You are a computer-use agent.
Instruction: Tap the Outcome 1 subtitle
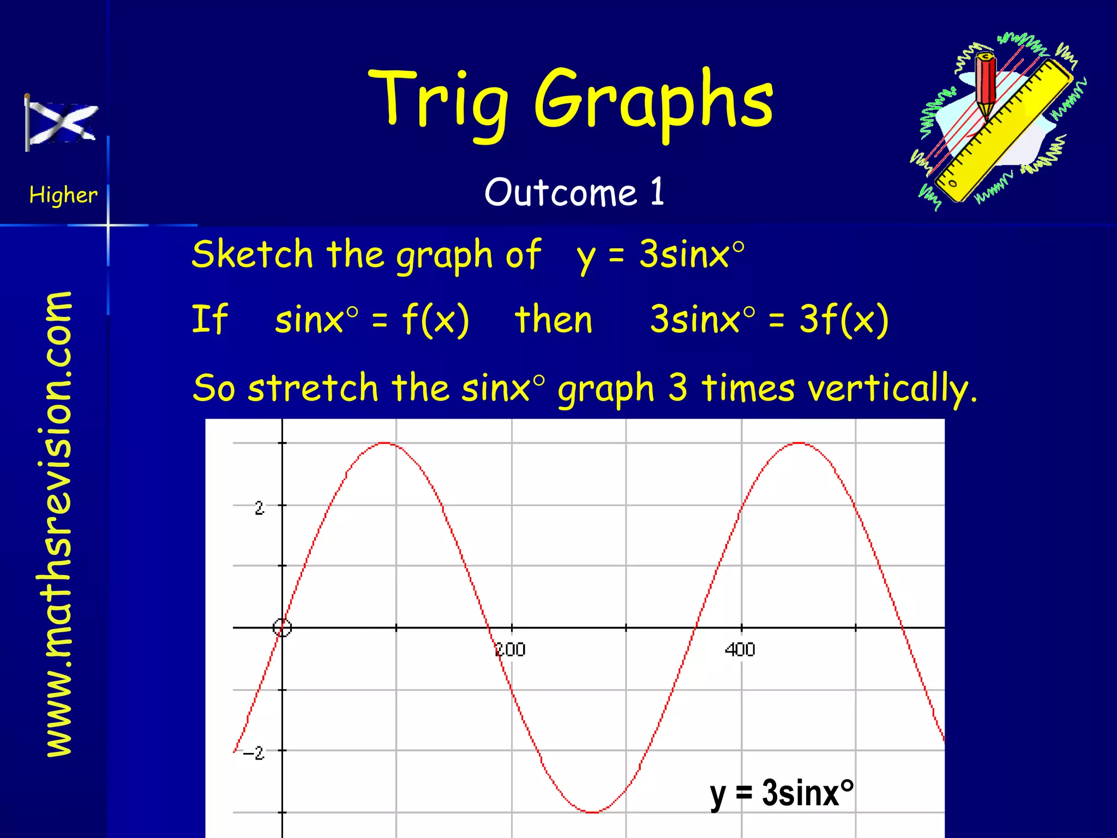click(574, 192)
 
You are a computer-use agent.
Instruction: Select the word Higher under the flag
click(63, 195)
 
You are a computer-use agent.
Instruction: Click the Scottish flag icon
click(61, 122)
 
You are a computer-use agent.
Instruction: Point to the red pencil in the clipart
click(986, 85)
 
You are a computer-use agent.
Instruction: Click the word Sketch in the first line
click(252, 254)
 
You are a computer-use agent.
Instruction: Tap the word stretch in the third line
click(313, 388)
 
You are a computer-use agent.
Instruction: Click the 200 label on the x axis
click(510, 650)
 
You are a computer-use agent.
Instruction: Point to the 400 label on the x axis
click(740, 650)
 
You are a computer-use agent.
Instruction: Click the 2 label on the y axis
click(260, 508)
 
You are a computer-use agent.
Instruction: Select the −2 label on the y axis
click(254, 753)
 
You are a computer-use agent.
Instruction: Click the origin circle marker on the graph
click(282, 628)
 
